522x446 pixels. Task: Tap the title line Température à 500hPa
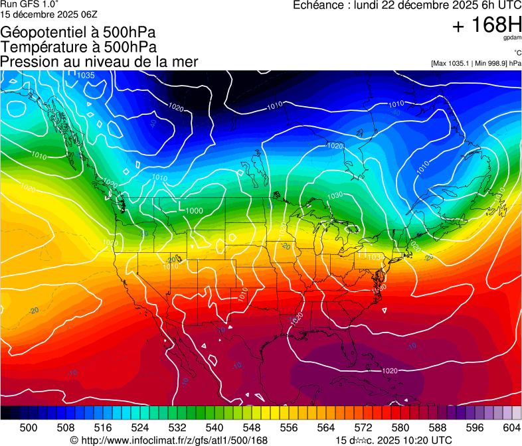click(x=79, y=47)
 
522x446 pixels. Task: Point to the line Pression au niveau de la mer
click(x=99, y=62)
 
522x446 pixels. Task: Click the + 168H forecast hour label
click(x=486, y=26)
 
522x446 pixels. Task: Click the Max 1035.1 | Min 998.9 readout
click(x=476, y=63)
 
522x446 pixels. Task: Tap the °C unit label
click(x=517, y=53)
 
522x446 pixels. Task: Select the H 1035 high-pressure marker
click(x=81, y=74)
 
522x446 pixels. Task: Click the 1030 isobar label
click(x=335, y=195)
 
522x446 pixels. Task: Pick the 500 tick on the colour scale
click(x=29, y=427)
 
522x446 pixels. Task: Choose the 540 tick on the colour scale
click(x=215, y=427)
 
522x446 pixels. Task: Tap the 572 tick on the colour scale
click(x=363, y=427)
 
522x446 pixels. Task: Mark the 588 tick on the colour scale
click(x=438, y=427)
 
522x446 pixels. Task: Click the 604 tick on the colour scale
click(x=511, y=427)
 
